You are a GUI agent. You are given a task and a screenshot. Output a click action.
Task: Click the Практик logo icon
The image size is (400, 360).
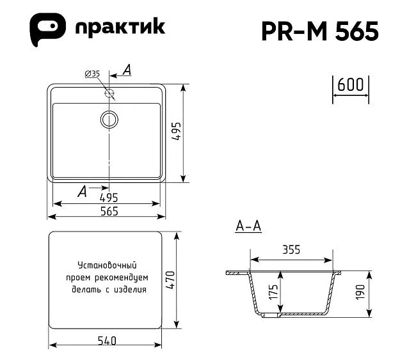[48, 29]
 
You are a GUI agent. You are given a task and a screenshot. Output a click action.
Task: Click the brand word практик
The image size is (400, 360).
[120, 27]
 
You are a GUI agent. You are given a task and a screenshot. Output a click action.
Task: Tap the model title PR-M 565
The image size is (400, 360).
[320, 31]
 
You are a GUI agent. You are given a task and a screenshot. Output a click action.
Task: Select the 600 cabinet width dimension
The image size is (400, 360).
[351, 84]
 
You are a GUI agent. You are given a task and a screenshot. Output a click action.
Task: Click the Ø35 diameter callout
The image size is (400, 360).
[92, 74]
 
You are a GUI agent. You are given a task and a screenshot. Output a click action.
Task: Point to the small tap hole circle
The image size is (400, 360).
[109, 93]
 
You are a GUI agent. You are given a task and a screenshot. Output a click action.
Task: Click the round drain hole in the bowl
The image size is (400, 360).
[109, 120]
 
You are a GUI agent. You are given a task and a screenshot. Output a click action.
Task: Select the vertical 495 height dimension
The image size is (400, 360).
[176, 132]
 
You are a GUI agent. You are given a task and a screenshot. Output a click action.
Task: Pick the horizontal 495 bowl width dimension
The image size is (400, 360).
[109, 198]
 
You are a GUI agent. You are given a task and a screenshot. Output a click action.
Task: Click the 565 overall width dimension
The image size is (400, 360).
[109, 211]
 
